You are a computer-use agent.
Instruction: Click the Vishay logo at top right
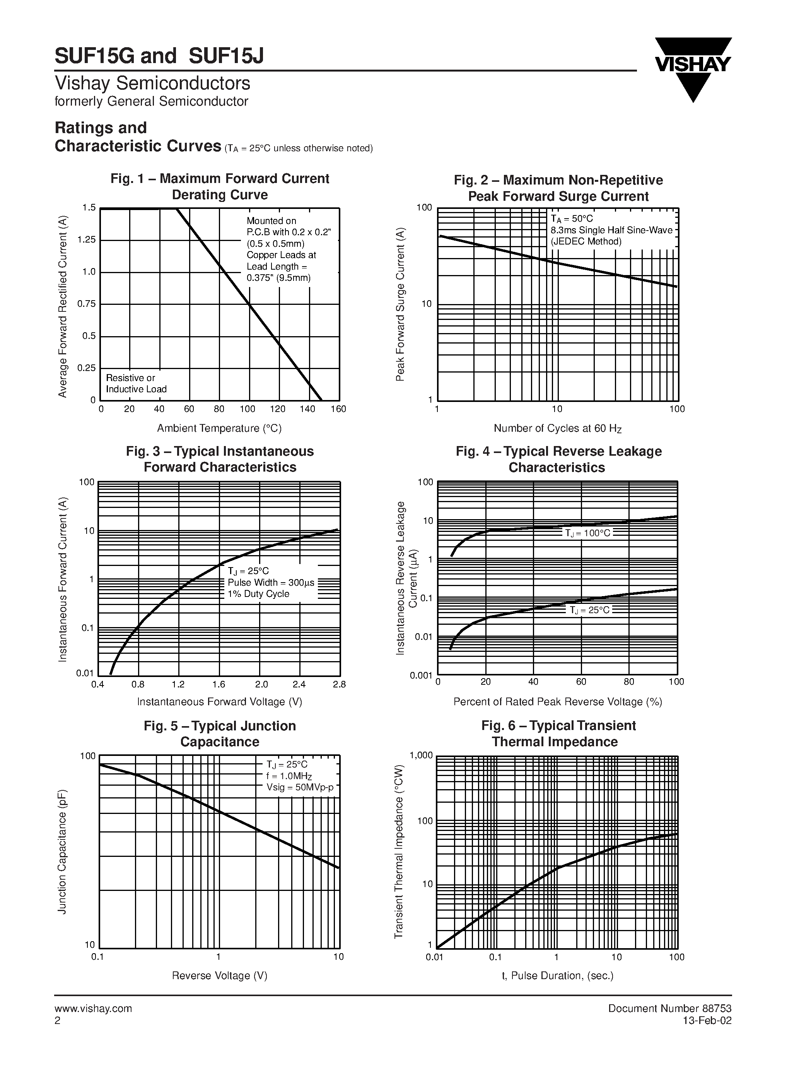(693, 67)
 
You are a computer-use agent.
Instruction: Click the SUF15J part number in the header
(226, 56)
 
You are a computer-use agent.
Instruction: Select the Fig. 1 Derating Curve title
(220, 187)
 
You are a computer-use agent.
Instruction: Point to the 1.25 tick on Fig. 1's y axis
(87, 240)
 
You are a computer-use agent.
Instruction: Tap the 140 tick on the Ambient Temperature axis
(307, 409)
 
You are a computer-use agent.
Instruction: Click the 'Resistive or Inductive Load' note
(136, 383)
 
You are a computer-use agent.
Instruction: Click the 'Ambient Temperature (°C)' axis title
(220, 428)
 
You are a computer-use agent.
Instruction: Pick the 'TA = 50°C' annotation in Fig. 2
(572, 219)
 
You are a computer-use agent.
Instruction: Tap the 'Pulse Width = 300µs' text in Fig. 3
(271, 583)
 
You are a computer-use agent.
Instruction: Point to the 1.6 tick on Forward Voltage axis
(219, 685)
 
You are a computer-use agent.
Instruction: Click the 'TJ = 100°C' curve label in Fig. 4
(587, 533)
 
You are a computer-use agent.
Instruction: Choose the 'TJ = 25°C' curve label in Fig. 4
(590, 610)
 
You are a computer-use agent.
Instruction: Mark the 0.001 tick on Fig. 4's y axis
(421, 675)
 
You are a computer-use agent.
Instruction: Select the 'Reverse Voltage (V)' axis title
(220, 976)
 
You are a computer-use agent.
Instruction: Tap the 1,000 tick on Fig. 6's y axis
(421, 756)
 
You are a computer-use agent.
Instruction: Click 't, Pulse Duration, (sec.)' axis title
(557, 976)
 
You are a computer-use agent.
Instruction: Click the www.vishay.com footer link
(93, 1009)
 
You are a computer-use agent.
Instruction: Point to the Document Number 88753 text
(669, 1009)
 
